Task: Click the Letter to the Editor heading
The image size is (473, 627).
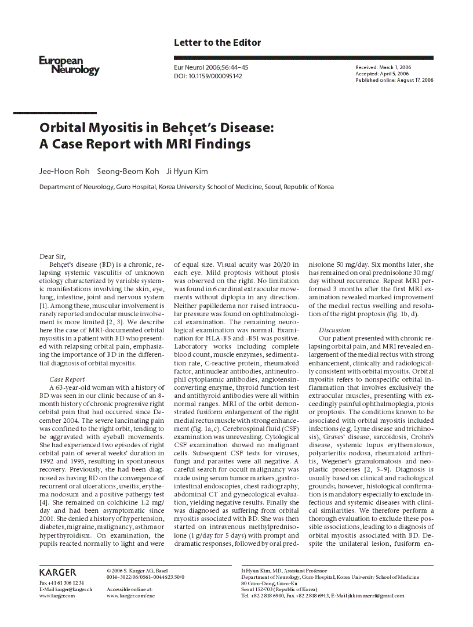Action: tap(217, 42)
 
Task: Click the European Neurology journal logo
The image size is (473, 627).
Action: tap(69, 66)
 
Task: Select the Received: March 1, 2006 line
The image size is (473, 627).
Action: tap(383, 68)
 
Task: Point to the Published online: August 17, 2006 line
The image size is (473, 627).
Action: tap(394, 80)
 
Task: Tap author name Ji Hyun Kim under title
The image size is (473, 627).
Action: tap(187, 171)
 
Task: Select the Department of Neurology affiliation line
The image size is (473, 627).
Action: tap(186, 187)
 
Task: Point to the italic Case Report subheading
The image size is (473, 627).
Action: tap(67, 379)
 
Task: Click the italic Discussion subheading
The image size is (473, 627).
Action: tap(334, 330)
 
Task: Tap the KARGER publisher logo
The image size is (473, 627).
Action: tap(58, 573)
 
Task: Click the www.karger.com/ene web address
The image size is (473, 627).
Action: tap(131, 596)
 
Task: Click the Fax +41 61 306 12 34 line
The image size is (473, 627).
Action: tap(61, 582)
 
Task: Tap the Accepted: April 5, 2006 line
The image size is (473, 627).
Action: tap(382, 74)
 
